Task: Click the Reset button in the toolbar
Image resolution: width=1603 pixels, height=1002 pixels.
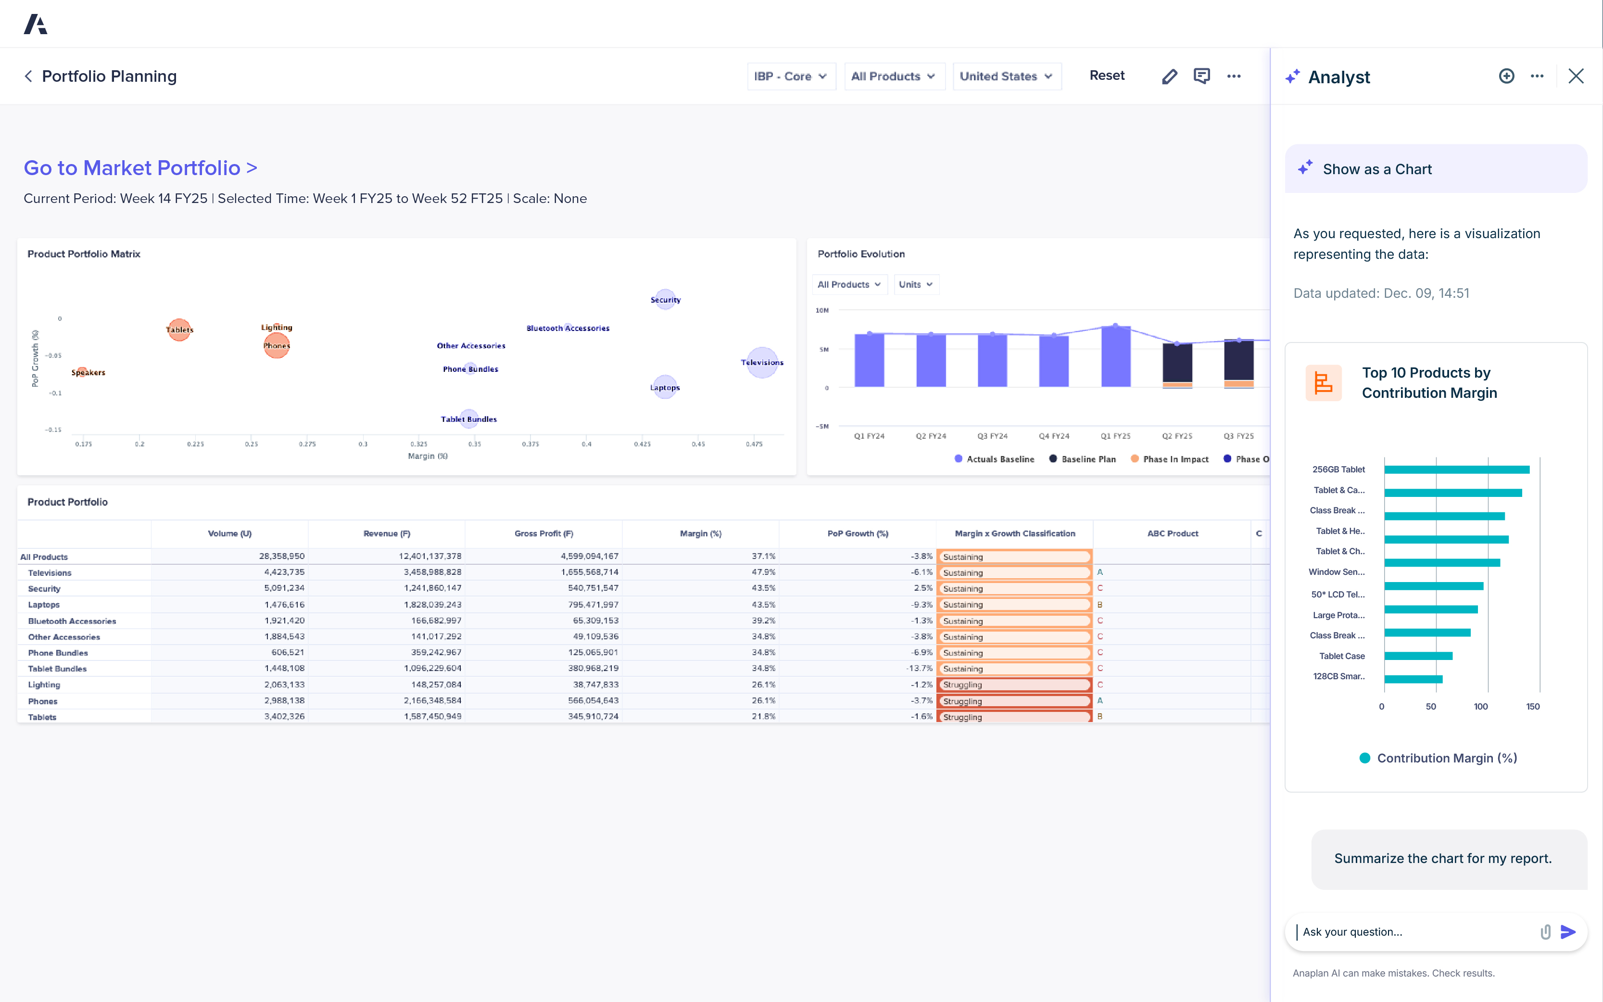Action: pos(1106,76)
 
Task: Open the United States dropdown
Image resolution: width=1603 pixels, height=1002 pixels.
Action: pos(1006,76)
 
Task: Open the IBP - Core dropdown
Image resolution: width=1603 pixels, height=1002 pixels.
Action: pos(790,76)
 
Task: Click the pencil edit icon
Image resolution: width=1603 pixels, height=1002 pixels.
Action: pos(1169,76)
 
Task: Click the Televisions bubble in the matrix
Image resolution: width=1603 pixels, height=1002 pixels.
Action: pos(762,363)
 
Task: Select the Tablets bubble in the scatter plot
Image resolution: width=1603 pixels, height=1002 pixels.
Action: pos(179,330)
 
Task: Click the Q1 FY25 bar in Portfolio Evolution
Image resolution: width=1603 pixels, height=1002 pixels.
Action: pos(1115,356)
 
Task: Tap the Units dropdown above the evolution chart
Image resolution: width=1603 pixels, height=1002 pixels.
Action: pos(915,284)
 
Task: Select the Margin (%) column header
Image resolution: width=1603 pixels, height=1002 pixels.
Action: pos(700,533)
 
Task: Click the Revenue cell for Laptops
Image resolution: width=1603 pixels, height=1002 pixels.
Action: pos(432,604)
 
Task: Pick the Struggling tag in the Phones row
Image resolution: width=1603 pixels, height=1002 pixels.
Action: pos(1013,701)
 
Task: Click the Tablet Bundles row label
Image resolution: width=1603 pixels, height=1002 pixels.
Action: pos(58,669)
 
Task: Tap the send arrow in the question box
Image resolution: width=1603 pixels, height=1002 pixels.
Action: pos(1568,932)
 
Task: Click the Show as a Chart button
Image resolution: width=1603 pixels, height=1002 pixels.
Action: pos(1436,169)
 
